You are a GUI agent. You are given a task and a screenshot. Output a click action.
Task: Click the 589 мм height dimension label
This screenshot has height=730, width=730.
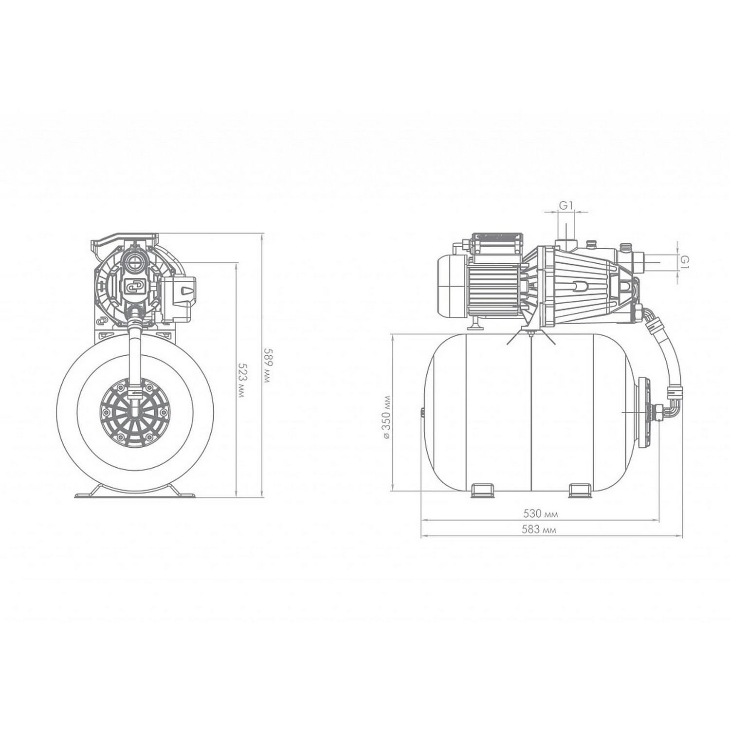tap(266, 365)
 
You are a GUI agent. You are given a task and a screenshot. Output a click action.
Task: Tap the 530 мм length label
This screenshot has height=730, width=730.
tap(540, 513)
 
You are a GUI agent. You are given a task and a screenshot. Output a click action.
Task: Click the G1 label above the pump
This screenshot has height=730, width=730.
tap(565, 205)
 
